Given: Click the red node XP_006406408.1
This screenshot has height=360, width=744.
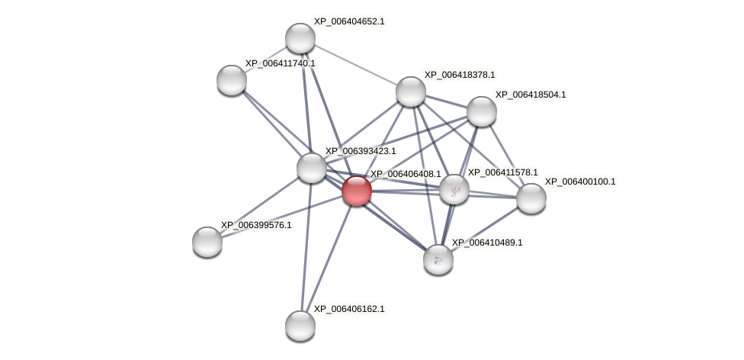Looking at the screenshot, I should tap(357, 191).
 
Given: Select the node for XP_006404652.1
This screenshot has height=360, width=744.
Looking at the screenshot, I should tap(300, 38).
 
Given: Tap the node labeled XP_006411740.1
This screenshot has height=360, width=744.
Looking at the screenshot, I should tap(232, 80).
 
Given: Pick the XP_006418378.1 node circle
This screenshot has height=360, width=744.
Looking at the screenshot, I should tap(411, 92).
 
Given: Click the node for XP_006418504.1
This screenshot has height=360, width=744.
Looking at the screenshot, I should tap(482, 111).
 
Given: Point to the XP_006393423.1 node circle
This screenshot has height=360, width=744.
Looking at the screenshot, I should tap(312, 168).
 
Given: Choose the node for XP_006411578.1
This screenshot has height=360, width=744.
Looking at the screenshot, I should tap(454, 190).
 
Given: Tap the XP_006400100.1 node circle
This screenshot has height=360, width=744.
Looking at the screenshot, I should tap(531, 198).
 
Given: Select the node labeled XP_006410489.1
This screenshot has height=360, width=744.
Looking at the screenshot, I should tap(438, 259).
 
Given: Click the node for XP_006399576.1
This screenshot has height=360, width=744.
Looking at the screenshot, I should tap(207, 242).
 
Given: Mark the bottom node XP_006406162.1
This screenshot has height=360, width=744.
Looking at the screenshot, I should tap(300, 326).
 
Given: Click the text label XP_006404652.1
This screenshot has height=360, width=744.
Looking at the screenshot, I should tap(349, 21).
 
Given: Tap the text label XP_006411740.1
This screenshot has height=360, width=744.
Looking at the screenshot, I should tap(280, 63).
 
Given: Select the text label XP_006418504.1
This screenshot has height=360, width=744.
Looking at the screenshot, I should tap(531, 95).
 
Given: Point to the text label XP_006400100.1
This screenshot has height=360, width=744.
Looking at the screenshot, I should tap(580, 182).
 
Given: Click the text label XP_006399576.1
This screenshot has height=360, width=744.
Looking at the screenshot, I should tap(256, 225).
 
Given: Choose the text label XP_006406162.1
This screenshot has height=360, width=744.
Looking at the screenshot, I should tap(349, 309).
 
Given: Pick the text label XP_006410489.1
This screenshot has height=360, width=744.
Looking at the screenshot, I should tap(487, 243).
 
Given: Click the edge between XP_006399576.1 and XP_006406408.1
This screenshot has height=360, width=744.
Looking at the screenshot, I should tap(282, 216).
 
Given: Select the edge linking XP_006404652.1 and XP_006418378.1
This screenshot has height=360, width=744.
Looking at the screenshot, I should tap(355, 65).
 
